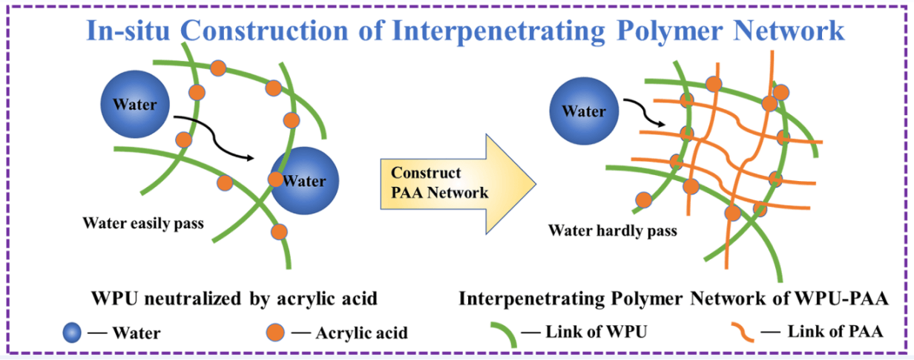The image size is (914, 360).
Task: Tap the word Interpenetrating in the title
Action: click(499, 31)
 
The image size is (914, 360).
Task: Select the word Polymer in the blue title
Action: click(670, 31)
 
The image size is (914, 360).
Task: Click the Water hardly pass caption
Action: click(613, 231)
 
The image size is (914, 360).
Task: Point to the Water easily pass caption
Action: click(143, 223)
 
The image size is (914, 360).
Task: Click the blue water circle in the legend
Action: click(72, 333)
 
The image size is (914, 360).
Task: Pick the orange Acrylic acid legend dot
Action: click(275, 333)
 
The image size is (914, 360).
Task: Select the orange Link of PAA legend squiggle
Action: click(743, 333)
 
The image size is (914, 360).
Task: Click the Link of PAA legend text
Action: click(835, 332)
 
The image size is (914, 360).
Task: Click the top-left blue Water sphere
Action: click(135, 104)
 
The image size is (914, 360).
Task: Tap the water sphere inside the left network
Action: click(305, 181)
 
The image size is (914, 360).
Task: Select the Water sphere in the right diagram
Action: click(584, 111)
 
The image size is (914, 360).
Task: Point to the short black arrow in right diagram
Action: click(645, 113)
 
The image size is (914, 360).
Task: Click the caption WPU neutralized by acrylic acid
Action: click(234, 299)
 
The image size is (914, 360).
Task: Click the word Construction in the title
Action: click(264, 31)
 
